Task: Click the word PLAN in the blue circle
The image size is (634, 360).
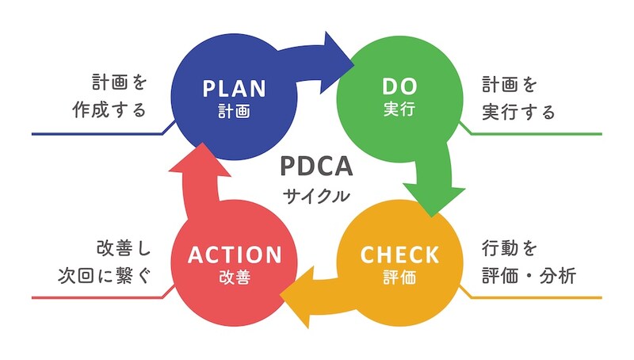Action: click(234, 87)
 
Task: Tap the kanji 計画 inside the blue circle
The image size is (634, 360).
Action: click(234, 112)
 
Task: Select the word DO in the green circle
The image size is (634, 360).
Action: click(399, 87)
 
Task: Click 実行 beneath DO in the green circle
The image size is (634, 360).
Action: click(399, 111)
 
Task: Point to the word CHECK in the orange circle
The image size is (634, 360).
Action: click(399, 255)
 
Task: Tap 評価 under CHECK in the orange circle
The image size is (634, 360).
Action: click(399, 278)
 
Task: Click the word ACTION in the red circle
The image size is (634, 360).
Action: click(234, 255)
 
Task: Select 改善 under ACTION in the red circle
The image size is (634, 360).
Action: click(234, 278)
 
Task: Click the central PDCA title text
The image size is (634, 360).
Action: click(316, 168)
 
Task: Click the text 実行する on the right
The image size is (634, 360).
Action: click(518, 110)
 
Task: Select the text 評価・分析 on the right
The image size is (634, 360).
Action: click(528, 276)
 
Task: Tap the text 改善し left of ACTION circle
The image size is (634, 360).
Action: click(122, 249)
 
